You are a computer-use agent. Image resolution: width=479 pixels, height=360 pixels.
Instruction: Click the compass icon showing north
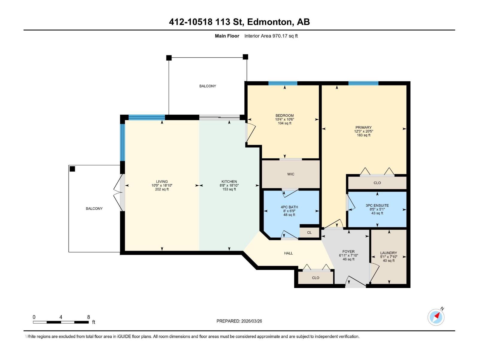[x=436, y=317]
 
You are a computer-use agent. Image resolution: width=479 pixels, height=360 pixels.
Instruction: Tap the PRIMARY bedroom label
[x=363, y=127]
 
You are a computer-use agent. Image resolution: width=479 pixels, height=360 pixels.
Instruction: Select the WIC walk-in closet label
[x=290, y=174]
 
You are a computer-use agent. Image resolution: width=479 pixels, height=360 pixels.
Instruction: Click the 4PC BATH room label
[x=289, y=207]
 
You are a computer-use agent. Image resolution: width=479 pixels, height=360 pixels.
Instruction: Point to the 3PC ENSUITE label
[x=377, y=205]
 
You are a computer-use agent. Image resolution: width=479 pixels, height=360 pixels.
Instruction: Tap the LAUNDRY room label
[x=389, y=253]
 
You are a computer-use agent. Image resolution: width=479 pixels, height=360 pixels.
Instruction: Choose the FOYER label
[x=348, y=252]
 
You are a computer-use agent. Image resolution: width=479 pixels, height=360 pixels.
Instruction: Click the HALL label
[x=288, y=253]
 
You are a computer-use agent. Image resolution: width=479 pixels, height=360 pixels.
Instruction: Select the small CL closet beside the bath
[x=309, y=232]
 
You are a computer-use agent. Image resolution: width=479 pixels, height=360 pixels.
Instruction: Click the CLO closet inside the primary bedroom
[x=377, y=183]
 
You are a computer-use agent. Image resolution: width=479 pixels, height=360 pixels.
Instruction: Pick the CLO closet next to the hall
[x=316, y=278]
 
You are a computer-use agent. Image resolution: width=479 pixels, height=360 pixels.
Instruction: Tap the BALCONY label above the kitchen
[x=207, y=86]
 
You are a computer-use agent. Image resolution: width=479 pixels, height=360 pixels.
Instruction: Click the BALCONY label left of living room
[x=94, y=208]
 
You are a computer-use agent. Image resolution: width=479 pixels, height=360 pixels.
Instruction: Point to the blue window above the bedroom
[x=283, y=83]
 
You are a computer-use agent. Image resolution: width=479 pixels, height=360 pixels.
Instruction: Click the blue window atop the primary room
[x=363, y=83]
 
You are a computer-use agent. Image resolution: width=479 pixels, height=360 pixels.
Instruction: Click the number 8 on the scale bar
[x=89, y=317]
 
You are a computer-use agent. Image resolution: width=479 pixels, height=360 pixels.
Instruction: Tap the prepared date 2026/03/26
[x=251, y=321]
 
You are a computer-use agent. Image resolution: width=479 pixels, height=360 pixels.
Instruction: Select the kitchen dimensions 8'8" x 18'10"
[x=229, y=185]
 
